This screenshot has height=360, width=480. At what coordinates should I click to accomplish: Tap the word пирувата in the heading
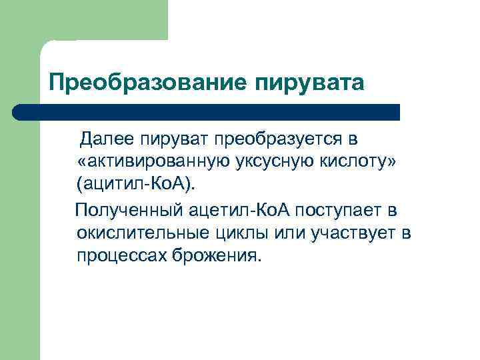(310, 83)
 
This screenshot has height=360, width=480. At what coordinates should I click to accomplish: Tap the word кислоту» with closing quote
(359, 161)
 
